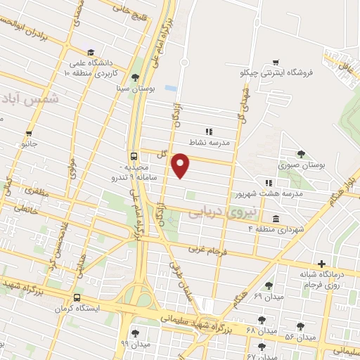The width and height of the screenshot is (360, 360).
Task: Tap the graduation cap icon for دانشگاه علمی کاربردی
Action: coord(91,52)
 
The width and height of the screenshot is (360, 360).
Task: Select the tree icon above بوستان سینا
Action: coord(135,77)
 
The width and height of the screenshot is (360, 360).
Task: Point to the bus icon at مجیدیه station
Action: coord(134,156)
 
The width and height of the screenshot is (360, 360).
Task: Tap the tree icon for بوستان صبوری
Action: coord(302,153)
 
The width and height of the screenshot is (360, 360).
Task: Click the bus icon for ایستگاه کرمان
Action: coord(77,297)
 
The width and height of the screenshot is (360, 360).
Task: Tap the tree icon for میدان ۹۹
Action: coord(135,333)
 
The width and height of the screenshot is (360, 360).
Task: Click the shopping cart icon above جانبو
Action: coord(29,133)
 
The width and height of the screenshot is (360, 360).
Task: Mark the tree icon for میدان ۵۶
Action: coord(301,326)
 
